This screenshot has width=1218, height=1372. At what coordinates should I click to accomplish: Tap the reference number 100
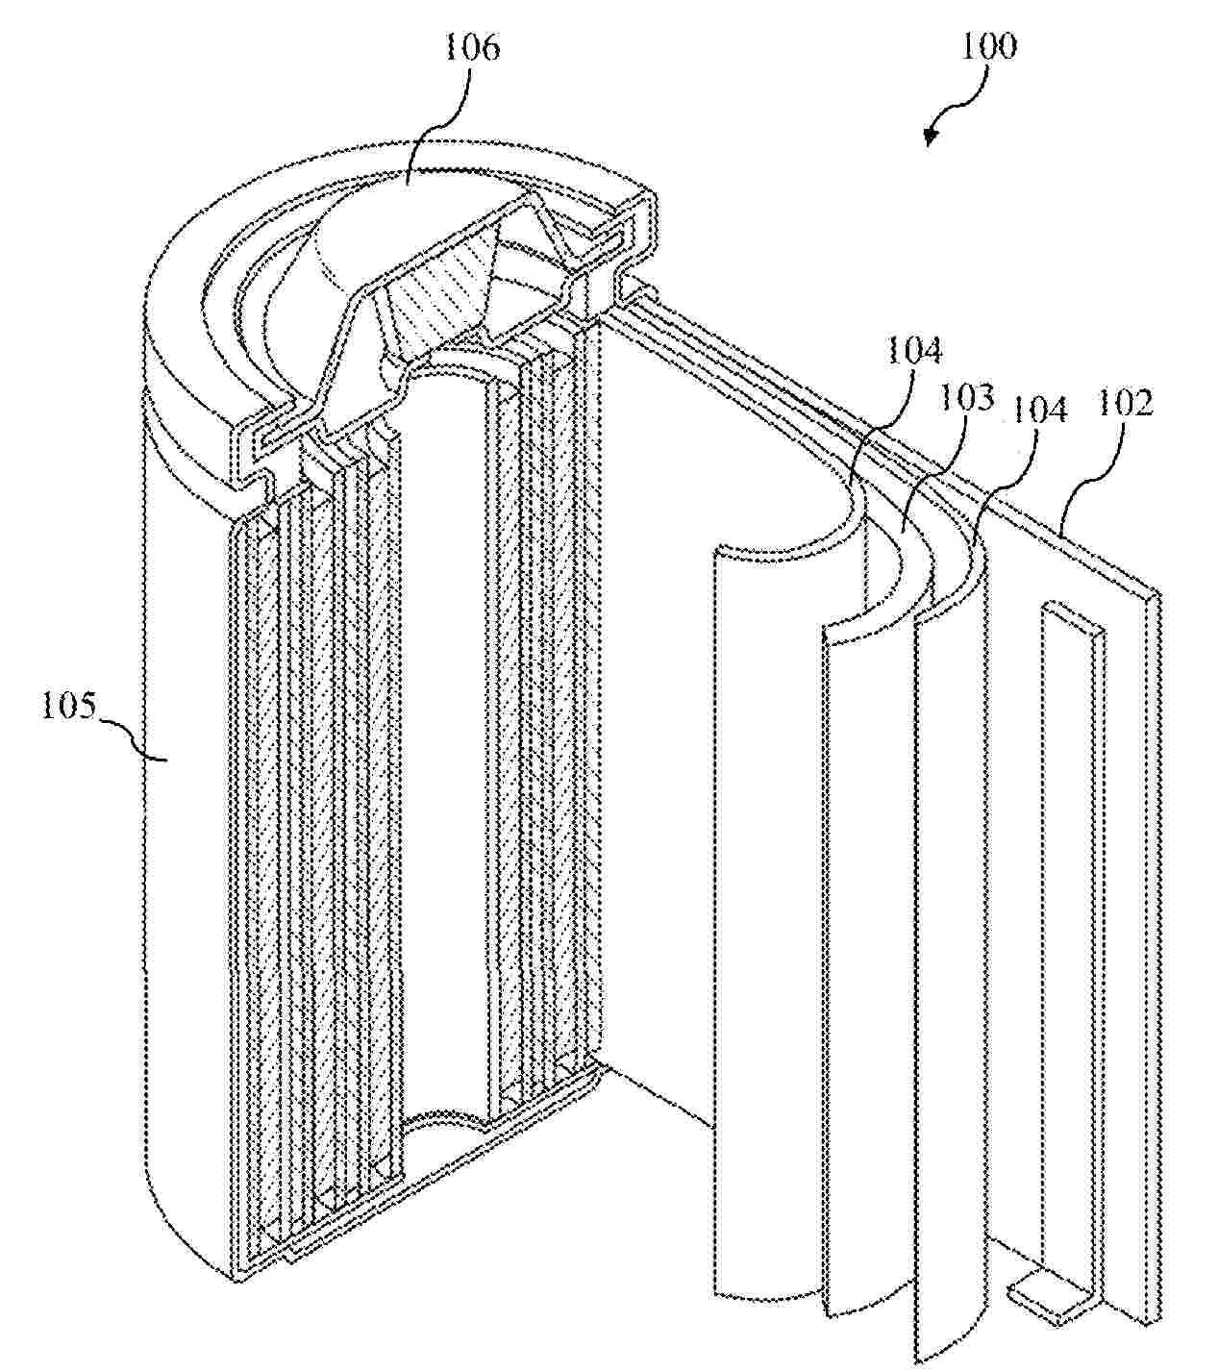pos(988,47)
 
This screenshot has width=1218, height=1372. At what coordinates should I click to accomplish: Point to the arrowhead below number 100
pos(932,137)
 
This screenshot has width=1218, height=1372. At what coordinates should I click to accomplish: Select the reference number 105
pos(70,706)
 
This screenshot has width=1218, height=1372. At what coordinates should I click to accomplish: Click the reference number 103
pos(966,398)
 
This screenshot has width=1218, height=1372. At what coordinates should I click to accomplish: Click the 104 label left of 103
pos(913,351)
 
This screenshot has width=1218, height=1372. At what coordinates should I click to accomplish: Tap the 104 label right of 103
pos(1038,411)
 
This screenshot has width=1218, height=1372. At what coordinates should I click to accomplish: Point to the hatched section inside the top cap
pos(440,292)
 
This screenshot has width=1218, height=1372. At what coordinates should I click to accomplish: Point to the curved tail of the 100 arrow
pos(964,95)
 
